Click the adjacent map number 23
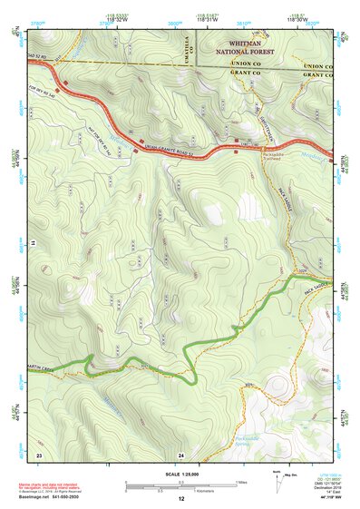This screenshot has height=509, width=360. (39, 453)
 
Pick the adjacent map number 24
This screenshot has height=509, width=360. (180, 453)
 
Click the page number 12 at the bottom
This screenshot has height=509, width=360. (180, 499)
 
